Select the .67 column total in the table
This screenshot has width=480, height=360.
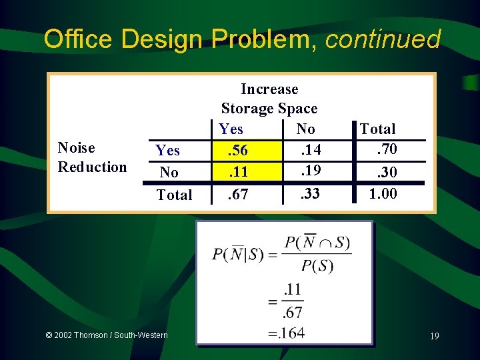point(238,195)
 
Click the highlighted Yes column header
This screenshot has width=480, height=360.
point(231,129)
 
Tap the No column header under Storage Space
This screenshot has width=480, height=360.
point(305,129)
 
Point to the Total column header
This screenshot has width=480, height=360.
point(377,129)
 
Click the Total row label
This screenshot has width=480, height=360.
point(174,195)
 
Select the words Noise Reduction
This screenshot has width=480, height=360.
point(92,157)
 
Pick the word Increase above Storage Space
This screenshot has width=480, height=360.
point(269,89)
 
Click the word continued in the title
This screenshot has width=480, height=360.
point(383,39)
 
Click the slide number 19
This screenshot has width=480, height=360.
point(434,337)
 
